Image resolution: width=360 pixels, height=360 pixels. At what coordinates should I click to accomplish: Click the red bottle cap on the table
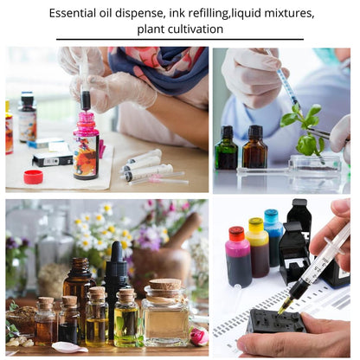[33, 177]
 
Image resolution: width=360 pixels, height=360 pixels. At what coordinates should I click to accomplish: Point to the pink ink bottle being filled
[86, 145]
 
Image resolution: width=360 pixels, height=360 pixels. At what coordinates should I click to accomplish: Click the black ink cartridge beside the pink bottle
[52, 159]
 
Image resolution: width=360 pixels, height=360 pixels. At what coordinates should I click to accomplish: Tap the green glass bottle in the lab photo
[226, 148]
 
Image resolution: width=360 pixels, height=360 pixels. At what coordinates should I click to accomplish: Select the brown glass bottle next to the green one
[254, 147]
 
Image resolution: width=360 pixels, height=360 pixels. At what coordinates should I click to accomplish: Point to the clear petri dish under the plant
[315, 163]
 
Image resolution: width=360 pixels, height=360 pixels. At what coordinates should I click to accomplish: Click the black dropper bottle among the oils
[116, 286]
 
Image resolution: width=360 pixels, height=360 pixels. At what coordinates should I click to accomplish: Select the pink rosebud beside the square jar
[199, 336]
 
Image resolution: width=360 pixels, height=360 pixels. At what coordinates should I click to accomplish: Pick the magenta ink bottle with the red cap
[238, 257]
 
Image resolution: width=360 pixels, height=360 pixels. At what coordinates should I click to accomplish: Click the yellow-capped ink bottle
[257, 247]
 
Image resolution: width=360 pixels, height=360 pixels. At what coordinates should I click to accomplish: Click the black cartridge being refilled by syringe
[276, 321]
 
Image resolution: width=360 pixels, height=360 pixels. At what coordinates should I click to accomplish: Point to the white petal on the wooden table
[69, 347]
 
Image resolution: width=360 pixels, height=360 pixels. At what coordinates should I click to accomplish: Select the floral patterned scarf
[162, 67]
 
